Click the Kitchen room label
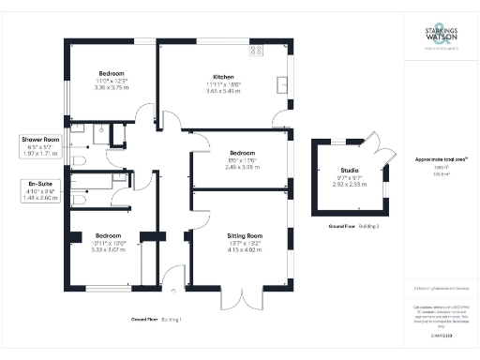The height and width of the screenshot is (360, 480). pos(223,77)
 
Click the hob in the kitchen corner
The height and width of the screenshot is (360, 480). pos(255,51)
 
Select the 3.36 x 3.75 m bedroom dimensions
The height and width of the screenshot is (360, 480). pos(112,87)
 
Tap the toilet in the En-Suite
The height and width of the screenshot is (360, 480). pos(82,200)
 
